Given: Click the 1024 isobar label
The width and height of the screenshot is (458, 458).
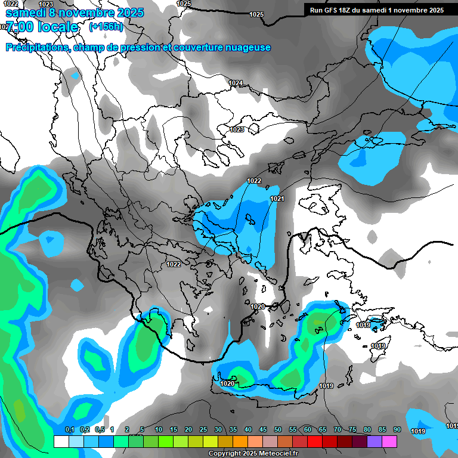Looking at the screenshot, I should coord(236,83).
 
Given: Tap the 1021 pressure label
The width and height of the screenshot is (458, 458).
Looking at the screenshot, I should coord(277,199).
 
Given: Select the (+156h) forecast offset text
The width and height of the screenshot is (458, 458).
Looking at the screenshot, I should coord(106,27).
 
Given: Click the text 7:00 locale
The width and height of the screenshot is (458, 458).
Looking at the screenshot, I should coord(42,27).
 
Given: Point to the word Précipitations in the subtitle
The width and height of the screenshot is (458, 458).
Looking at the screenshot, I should coord(37,48).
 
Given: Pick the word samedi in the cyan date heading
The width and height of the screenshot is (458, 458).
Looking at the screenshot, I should coord(29,13).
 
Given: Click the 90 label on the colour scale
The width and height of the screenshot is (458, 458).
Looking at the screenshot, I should coord(397,429).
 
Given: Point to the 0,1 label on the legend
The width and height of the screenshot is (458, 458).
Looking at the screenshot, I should coord(69,429).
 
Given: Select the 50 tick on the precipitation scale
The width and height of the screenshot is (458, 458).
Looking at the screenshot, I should coord(278,429).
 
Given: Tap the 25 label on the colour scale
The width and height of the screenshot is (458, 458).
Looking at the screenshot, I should coord(203,429).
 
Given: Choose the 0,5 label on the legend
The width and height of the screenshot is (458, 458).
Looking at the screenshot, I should coord(99,429).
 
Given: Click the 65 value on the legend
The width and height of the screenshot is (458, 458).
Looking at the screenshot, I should coord(323,429).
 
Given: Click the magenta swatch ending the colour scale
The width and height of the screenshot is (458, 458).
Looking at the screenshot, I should coord(389,441).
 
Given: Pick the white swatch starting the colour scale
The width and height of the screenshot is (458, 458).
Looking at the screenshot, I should coord(61,441).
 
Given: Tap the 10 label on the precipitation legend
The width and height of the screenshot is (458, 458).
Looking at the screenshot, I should coord(159,429).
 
